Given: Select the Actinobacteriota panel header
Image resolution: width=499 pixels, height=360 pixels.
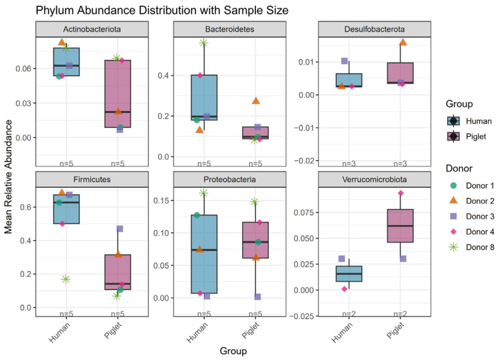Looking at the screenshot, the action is click(x=92, y=29).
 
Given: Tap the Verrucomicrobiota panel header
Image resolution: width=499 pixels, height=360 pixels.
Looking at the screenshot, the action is click(x=375, y=179).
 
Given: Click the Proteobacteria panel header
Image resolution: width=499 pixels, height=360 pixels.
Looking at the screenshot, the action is click(x=230, y=179).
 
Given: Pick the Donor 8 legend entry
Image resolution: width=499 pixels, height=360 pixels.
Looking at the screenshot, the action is click(x=472, y=247).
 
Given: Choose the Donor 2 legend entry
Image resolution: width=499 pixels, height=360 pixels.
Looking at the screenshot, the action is click(x=472, y=201).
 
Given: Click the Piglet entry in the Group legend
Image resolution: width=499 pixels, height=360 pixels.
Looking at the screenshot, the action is click(x=467, y=136).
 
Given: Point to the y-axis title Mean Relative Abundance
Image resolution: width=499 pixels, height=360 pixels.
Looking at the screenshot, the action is click(x=8, y=177).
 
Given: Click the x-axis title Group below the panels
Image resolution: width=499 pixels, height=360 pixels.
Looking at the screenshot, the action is click(x=233, y=351).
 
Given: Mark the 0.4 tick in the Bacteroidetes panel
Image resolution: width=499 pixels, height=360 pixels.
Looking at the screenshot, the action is click(x=163, y=76).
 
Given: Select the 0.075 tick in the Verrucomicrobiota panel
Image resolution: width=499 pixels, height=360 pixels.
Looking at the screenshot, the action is click(x=303, y=212).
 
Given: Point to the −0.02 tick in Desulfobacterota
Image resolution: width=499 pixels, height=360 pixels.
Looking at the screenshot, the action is click(x=304, y=161).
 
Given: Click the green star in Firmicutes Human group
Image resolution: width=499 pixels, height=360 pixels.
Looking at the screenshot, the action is click(x=66, y=279).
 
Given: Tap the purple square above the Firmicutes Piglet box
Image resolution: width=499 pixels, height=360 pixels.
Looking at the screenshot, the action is click(x=120, y=229).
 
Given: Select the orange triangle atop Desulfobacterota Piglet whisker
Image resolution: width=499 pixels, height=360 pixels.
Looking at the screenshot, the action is click(x=403, y=42).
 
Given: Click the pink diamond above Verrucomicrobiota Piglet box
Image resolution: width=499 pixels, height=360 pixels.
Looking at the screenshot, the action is click(x=401, y=193).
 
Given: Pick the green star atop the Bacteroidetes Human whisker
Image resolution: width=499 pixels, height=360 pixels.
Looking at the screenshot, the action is click(x=204, y=43).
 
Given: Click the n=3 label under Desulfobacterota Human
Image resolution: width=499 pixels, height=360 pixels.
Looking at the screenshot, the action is click(x=349, y=163).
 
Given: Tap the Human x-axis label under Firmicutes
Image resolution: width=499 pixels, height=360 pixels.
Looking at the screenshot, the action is click(x=59, y=332).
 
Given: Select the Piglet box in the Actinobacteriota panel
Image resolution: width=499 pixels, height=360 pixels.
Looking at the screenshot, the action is click(x=118, y=93).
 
